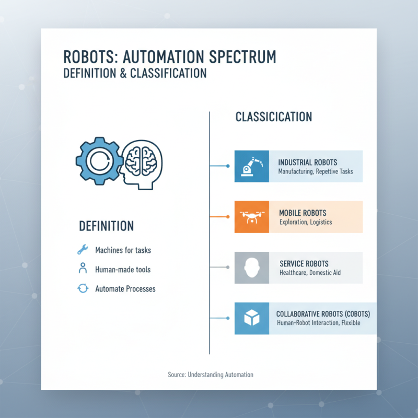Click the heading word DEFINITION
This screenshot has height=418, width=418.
click(x=106, y=226)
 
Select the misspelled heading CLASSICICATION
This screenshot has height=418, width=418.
click(x=274, y=117)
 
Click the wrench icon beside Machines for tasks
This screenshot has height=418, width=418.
click(x=83, y=250)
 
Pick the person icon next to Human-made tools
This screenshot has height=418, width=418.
click(x=83, y=269)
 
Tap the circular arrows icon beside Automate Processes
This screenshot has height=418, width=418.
click(x=83, y=288)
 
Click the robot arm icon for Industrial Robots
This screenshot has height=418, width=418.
click(x=252, y=166)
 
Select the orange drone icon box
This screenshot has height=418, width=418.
click(x=252, y=217)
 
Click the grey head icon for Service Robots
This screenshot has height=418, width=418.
click(x=252, y=268)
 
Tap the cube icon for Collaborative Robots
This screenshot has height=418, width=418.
click(x=252, y=318)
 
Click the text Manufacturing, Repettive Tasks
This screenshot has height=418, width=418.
click(x=315, y=171)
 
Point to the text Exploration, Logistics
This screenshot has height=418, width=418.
click(x=306, y=222)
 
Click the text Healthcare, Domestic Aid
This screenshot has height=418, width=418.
click(x=310, y=273)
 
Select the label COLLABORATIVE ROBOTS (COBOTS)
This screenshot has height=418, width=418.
click(x=323, y=314)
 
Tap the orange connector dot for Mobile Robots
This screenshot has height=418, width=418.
click(x=228, y=217)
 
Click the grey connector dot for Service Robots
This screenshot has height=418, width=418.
click(x=228, y=268)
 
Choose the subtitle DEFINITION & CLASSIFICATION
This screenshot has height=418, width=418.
click(x=134, y=73)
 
